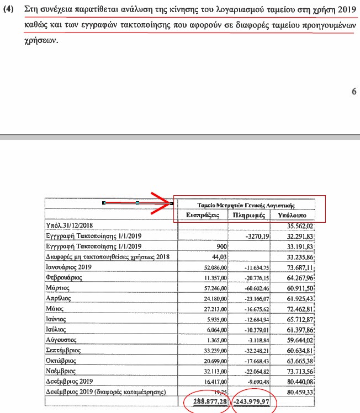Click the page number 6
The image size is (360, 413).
click(x=354, y=92)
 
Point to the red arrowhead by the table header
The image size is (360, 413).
click(x=165, y=203)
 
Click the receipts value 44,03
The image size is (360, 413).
click(x=219, y=256)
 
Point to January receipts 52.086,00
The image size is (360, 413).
click(x=210, y=267)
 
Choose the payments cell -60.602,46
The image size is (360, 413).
click(x=255, y=288)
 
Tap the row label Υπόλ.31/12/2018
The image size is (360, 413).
click(x=70, y=226)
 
